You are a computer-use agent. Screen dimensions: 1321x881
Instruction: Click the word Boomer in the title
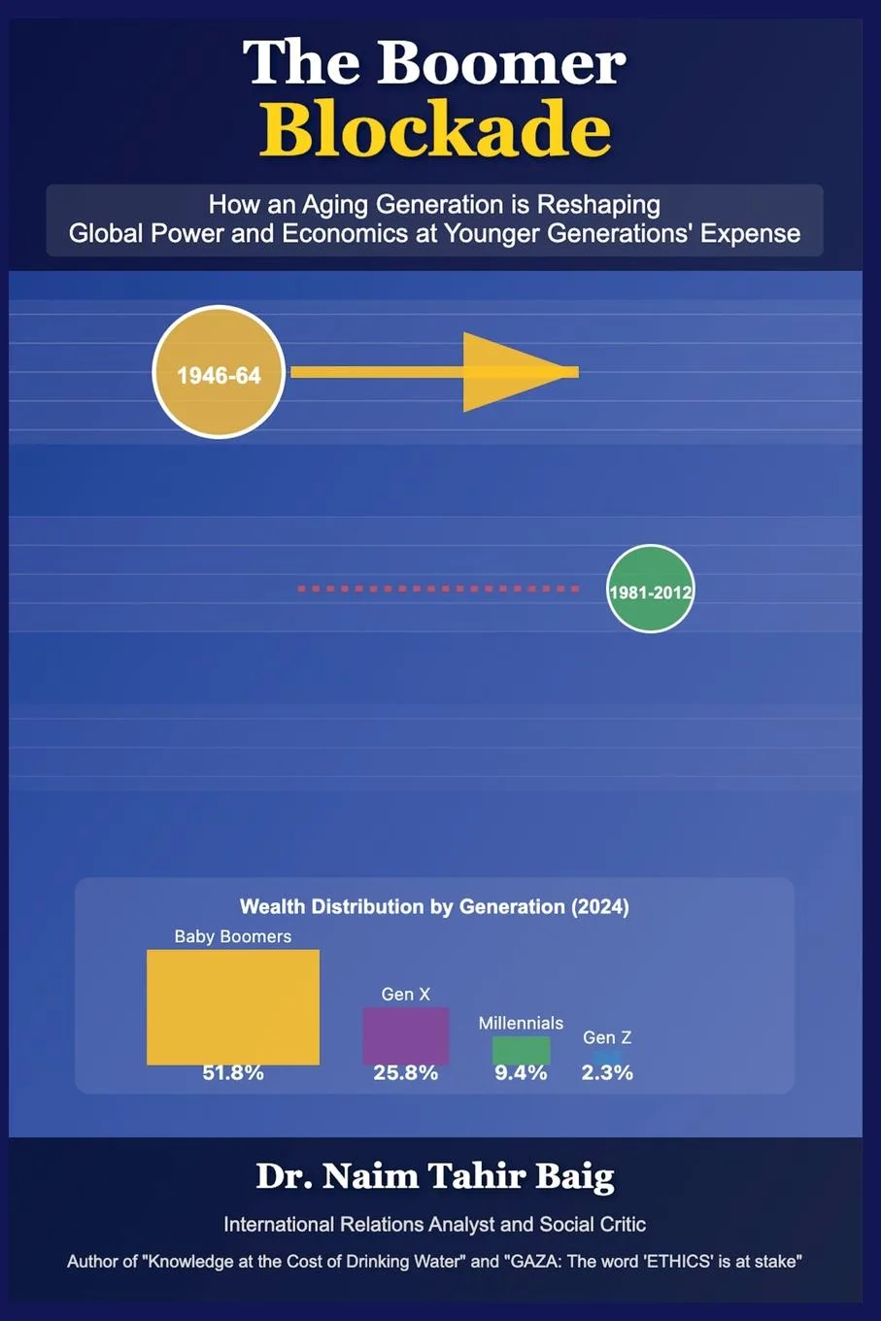click(x=500, y=63)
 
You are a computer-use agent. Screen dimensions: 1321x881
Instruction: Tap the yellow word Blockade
click(x=435, y=129)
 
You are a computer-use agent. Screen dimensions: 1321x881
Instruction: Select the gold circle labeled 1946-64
click(x=219, y=373)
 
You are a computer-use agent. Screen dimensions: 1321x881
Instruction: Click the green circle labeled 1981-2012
click(x=650, y=590)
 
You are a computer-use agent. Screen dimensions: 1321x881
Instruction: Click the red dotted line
click(x=438, y=589)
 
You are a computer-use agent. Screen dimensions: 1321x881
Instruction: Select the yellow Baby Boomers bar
click(x=233, y=1006)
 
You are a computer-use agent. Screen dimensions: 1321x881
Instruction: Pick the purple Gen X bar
click(x=405, y=1034)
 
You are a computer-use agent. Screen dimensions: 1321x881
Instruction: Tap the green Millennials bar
click(x=521, y=1050)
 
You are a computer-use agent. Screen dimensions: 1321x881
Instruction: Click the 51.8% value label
click(x=233, y=1073)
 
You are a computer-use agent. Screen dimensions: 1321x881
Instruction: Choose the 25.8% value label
click(x=405, y=1073)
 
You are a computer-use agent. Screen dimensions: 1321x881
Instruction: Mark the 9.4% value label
click(x=521, y=1073)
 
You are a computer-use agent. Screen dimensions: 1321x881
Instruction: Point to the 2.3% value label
click(x=607, y=1073)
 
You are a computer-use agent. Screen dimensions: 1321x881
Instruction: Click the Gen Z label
click(x=607, y=1037)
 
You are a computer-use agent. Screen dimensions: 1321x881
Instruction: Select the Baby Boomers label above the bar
click(x=233, y=936)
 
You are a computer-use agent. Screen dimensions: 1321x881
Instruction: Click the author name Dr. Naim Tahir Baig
click(x=435, y=1176)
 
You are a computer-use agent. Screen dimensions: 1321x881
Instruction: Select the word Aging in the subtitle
click(x=335, y=205)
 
